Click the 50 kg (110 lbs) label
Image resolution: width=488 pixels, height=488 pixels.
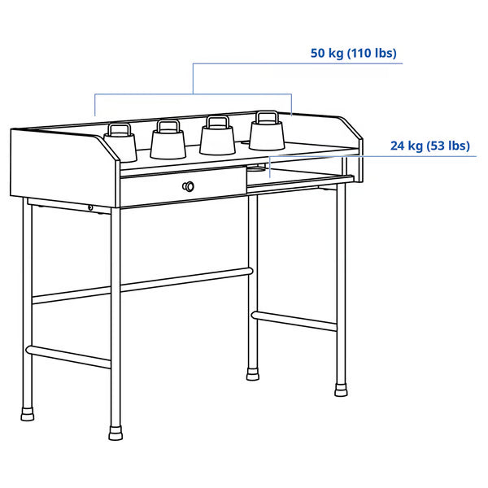pyautogui.click(x=353, y=54)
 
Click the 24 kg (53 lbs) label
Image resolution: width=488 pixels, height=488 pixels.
pyautogui.click(x=429, y=146)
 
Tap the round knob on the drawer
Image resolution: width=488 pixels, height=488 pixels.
pyautogui.click(x=190, y=186)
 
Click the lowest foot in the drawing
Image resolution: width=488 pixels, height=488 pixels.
pyautogui.click(x=115, y=430)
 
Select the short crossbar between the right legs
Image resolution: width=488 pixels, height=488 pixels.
pyautogui.click(x=294, y=320)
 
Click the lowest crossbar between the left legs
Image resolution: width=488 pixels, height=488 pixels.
pyautogui.click(x=69, y=357)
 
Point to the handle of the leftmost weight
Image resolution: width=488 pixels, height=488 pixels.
pyautogui.click(x=120, y=128)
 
